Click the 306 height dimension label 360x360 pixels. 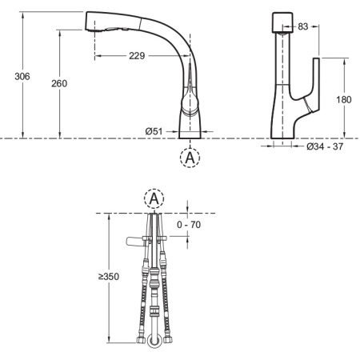(x=22, y=77)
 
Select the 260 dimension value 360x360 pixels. (x=59, y=83)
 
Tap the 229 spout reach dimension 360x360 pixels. (x=137, y=56)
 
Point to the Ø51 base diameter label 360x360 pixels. (x=154, y=131)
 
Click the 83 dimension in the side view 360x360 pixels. (x=303, y=26)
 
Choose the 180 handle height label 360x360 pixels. (x=343, y=99)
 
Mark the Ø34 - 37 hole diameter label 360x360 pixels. (x=325, y=146)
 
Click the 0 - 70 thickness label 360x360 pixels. (x=189, y=225)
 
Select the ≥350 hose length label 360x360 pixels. (x=109, y=277)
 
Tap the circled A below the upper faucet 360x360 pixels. (x=190, y=158)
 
